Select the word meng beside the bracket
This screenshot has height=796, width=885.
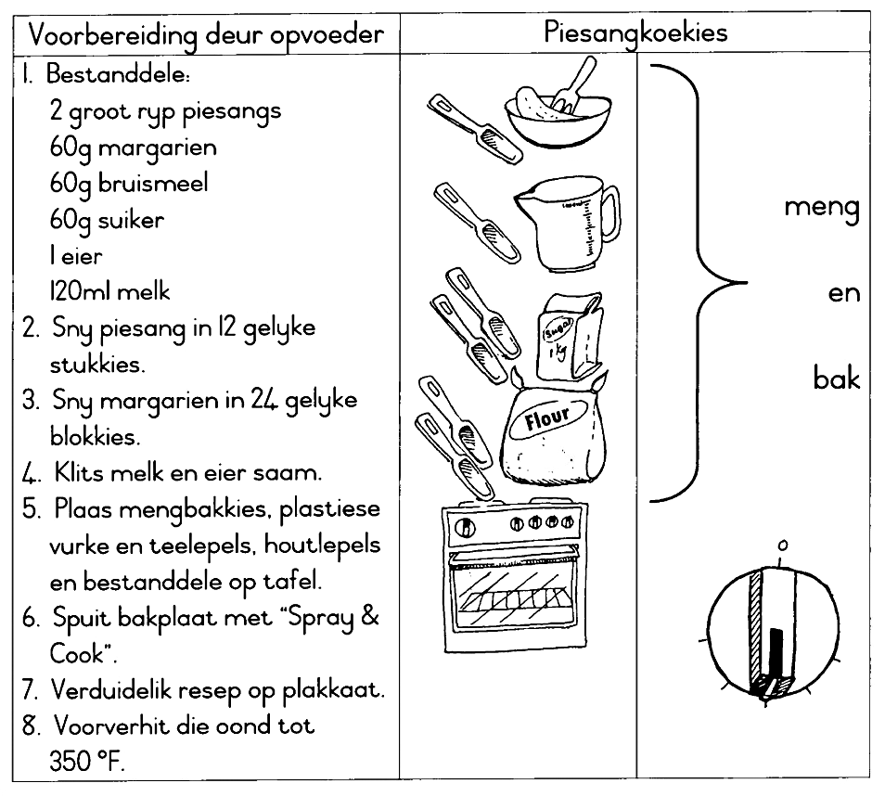(x=821, y=206)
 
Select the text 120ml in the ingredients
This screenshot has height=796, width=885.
(x=80, y=291)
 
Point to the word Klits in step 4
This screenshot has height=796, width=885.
(x=77, y=473)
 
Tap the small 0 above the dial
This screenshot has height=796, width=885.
(x=783, y=546)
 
